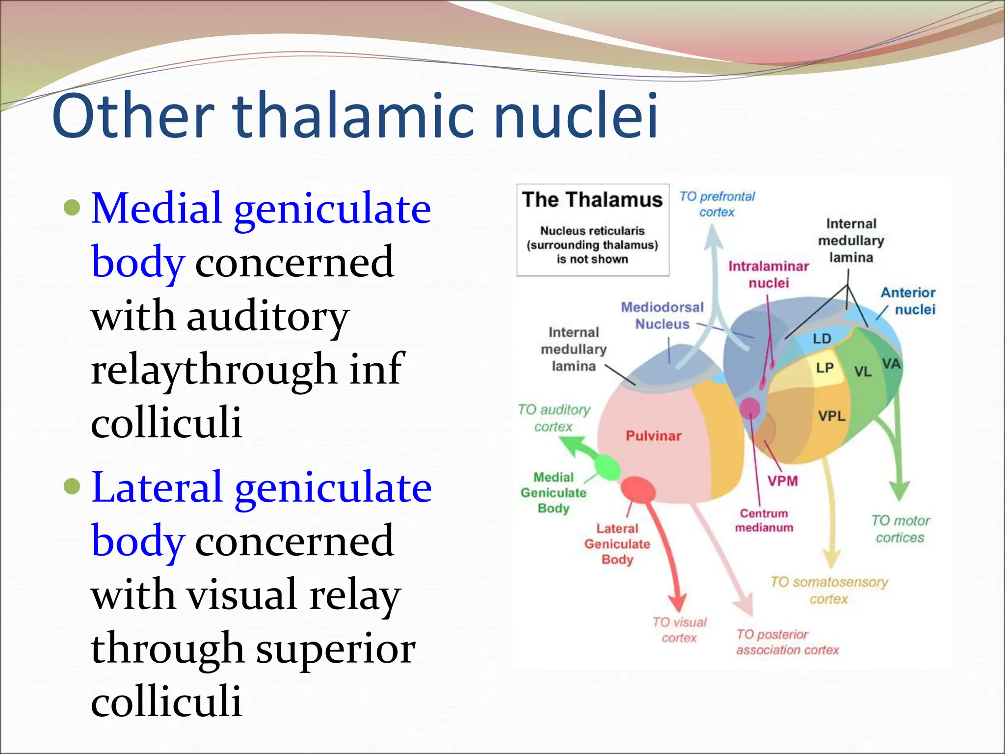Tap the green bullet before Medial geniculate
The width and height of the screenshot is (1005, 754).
coord(72,208)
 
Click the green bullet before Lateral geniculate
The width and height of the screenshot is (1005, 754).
coord(72,486)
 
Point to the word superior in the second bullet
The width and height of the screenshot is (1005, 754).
coord(336,649)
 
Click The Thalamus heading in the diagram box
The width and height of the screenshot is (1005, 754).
coord(592,200)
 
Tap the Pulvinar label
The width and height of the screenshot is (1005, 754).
coord(653,436)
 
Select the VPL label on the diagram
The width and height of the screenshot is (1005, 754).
coord(831,416)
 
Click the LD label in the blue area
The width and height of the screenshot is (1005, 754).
coord(821,339)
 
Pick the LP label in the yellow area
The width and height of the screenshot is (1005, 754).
coord(824,368)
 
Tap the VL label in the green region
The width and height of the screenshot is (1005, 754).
coord(863,372)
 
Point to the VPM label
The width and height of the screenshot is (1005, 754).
coord(783,481)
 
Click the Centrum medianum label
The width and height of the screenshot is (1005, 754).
coord(764,520)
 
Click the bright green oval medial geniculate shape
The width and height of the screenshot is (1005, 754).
coord(607,467)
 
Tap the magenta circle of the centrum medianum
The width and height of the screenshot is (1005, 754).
coord(749,407)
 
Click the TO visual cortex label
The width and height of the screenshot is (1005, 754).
coord(679,630)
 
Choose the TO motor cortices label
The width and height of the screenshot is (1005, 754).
coord(900,529)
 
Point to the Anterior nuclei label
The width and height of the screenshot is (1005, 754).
coord(909,301)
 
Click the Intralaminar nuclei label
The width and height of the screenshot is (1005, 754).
coord(768,274)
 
